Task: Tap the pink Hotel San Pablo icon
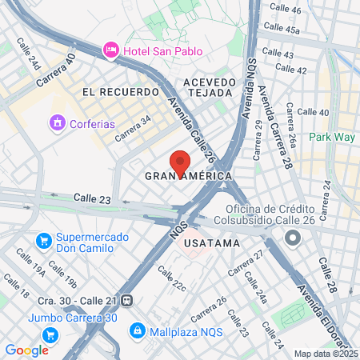[x=110, y=51]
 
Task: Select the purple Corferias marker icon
[x=57, y=123]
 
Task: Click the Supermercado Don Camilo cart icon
[x=44, y=240]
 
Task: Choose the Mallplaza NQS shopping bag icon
[x=137, y=329]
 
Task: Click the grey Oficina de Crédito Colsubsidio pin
[x=292, y=238]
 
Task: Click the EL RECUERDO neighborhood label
[x=121, y=92]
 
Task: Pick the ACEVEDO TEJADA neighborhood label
[x=210, y=87]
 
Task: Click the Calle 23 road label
[x=90, y=197]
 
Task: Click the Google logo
[x=27, y=350]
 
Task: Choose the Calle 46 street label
[x=286, y=10]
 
